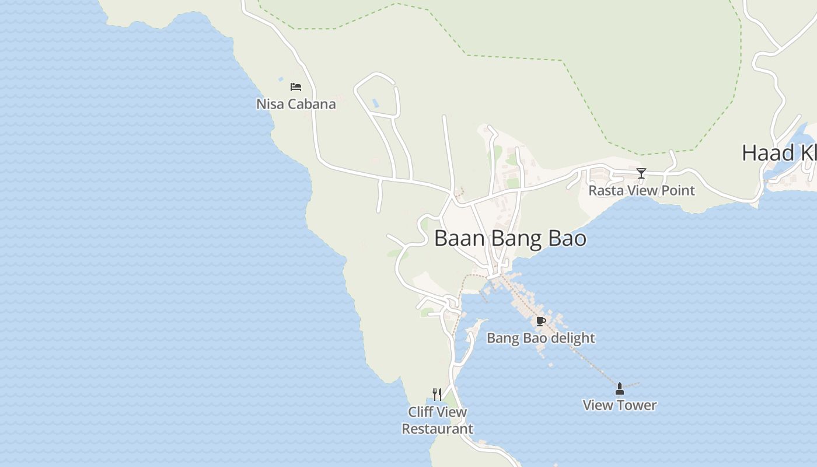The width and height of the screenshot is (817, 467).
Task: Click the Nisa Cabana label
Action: coord(296,104)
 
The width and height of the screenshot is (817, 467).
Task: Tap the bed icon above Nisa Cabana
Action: coord(296,87)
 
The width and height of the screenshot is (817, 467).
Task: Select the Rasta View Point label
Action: coord(641,190)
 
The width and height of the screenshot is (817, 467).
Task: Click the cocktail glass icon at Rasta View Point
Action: coord(641,173)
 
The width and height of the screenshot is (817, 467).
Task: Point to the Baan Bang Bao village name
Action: coord(510,239)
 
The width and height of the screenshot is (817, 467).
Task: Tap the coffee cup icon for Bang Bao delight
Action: coord(540,321)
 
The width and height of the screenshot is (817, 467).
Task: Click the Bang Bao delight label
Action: coord(540,338)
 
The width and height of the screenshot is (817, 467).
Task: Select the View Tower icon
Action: coord(620,389)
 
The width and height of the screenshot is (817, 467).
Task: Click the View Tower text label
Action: coord(620,405)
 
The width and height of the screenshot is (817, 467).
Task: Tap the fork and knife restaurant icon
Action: coord(437,395)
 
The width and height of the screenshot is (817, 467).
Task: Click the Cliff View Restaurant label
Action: coord(437,420)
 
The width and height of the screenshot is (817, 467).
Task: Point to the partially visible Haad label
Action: coord(778,153)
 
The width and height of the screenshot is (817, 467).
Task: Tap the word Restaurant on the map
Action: coord(437,429)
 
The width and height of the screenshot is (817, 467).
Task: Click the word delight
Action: coord(574,338)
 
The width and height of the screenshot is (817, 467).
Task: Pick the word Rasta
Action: coord(605,190)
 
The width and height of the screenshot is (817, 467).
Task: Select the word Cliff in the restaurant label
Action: coord(420,412)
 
